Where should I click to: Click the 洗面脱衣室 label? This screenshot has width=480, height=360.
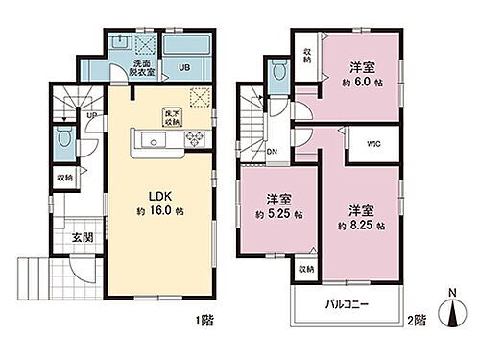143,65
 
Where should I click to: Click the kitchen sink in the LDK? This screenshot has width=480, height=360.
153,141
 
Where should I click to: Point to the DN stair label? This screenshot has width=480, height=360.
272,149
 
